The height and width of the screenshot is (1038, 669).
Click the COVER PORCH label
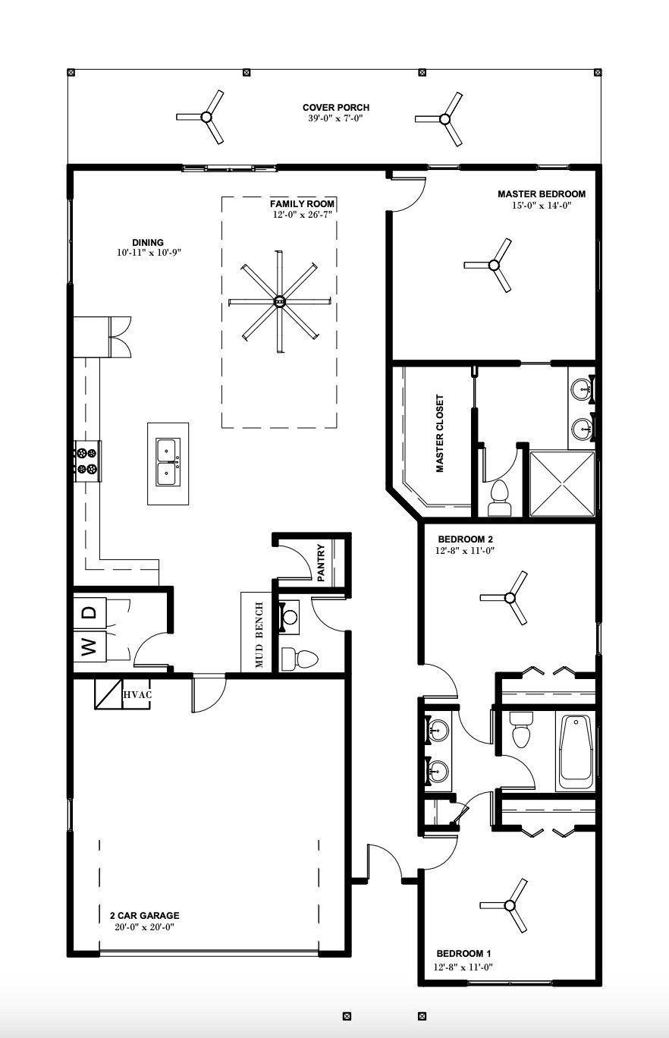tap(336, 109)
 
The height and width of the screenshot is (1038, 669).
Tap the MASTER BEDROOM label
tap(541, 194)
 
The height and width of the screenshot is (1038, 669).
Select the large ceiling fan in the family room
tap(280, 301)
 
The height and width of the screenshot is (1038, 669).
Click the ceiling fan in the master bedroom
tap(494, 265)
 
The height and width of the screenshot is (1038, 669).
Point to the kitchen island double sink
tap(168, 462)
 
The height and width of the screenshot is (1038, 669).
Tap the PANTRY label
tap(322, 562)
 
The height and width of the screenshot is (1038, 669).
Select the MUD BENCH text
tap(259, 635)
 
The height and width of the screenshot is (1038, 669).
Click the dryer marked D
tap(89, 611)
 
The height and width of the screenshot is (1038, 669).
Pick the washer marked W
tap(89, 647)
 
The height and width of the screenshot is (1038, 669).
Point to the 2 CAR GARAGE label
tap(144, 915)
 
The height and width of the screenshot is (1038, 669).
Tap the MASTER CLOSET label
tap(440, 434)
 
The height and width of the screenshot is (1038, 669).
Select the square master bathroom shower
tap(562, 483)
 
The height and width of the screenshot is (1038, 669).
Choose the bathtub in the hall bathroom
tap(576, 751)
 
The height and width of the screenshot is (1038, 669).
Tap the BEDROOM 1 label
tap(464, 953)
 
